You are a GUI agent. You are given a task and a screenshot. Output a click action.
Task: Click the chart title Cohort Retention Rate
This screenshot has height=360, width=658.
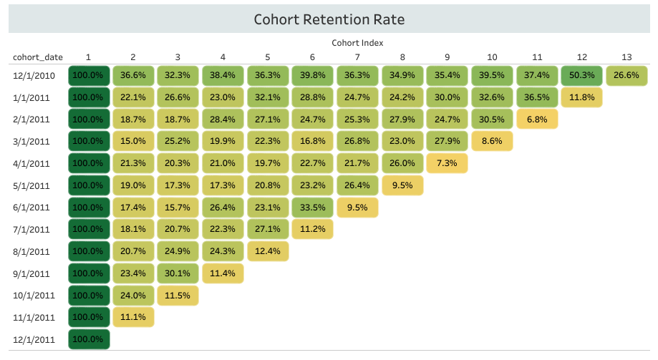[334, 19]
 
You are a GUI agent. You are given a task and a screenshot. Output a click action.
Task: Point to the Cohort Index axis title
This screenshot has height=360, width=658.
[357, 43]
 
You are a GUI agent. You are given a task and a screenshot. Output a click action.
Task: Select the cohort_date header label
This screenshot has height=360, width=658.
[35, 57]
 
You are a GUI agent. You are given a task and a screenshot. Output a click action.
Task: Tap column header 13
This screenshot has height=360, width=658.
[627, 57]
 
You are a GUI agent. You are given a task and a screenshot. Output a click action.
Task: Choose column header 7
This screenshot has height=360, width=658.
[357, 57]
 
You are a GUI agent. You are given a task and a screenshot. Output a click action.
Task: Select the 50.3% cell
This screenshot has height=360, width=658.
[582, 75]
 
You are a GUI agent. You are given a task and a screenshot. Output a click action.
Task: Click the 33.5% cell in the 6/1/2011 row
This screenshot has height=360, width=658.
[313, 208]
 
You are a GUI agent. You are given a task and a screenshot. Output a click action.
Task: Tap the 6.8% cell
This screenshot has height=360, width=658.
[537, 120]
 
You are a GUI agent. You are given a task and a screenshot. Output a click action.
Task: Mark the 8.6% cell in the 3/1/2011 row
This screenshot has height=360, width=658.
[492, 142]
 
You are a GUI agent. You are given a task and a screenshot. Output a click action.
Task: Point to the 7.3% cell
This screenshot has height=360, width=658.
[447, 164]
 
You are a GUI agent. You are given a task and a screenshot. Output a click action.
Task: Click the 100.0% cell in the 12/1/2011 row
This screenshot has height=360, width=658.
[88, 339]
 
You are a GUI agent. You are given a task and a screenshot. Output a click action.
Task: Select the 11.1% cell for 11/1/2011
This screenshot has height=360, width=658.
[133, 317]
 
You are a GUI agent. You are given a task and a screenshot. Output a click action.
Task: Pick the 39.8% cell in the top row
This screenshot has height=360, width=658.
[313, 75]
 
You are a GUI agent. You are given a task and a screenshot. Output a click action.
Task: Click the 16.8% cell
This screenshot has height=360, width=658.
[313, 142]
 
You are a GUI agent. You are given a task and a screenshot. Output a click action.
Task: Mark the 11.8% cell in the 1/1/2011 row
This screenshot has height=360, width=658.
[582, 97]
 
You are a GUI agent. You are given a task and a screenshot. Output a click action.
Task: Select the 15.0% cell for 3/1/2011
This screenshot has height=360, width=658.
[133, 142]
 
